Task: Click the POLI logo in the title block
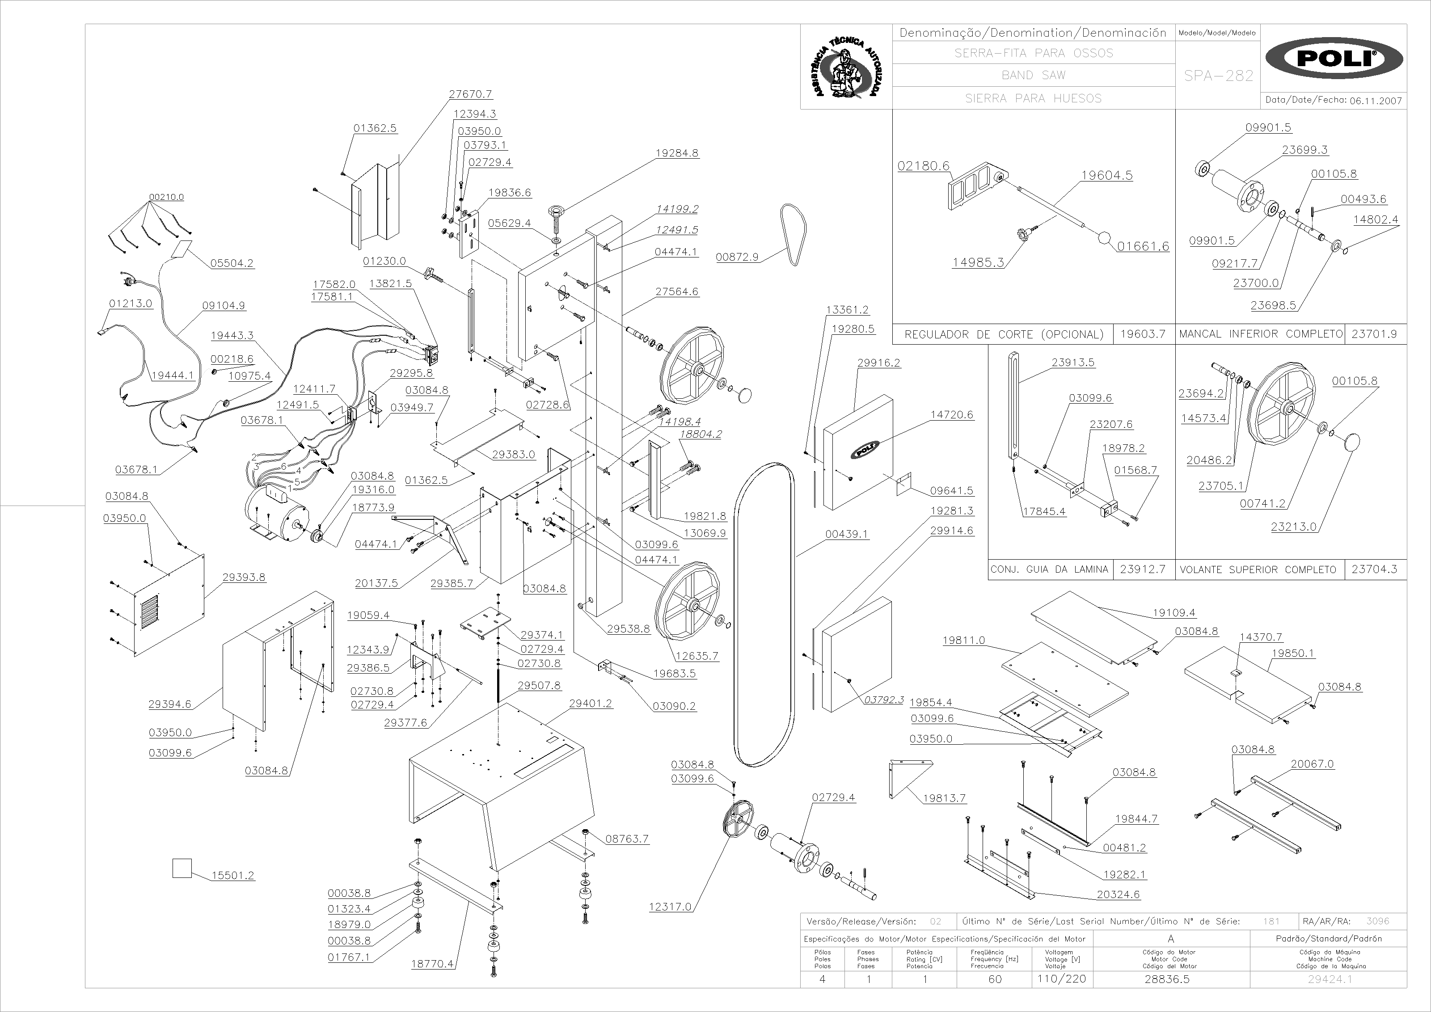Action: (1334, 59)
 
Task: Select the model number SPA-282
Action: (1219, 76)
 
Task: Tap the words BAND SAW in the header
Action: (1034, 76)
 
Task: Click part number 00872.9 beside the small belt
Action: (737, 257)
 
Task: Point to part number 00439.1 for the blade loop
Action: (846, 534)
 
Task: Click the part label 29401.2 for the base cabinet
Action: (590, 704)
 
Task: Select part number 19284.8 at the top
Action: (677, 153)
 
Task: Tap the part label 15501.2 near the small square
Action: (232, 876)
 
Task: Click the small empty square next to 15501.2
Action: (182, 868)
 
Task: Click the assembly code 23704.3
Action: (1374, 569)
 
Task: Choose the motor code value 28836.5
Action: (1167, 979)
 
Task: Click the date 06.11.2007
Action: (1376, 101)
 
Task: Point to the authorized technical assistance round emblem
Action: (846, 67)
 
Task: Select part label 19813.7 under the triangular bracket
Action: (944, 798)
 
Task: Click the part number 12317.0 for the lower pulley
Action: (670, 907)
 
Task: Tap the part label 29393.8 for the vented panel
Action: (244, 577)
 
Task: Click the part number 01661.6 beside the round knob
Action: (1143, 246)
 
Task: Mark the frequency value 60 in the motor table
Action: (995, 979)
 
